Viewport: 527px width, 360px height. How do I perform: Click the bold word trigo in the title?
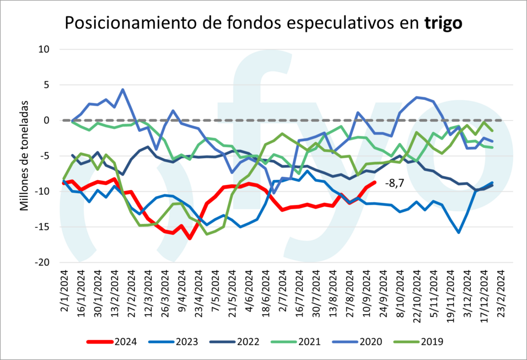click(x=443, y=23)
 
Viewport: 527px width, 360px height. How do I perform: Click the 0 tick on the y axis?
click(x=45, y=121)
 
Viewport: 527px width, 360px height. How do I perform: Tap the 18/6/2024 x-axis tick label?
click(x=266, y=291)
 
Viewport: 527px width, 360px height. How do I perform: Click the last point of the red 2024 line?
click(x=375, y=182)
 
